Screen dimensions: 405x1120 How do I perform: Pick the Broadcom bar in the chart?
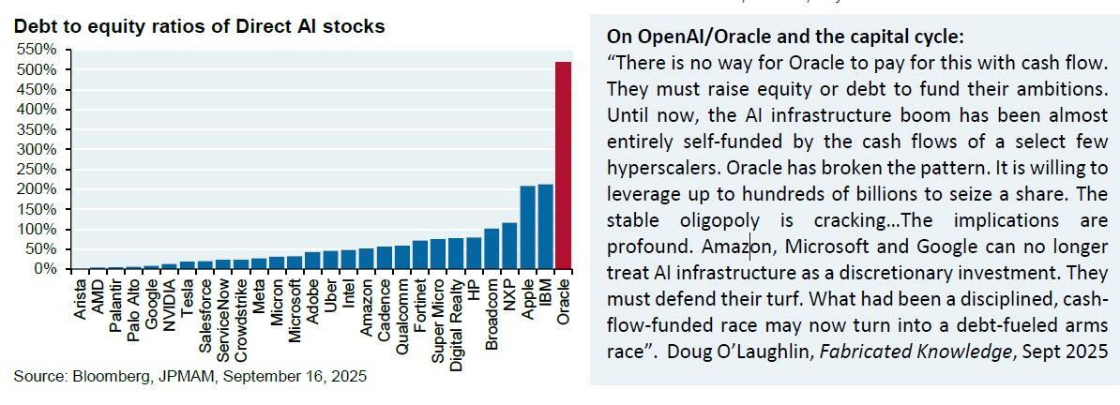pos(492,248)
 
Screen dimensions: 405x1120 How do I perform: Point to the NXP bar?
pos(509,246)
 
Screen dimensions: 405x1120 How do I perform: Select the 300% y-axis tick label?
pos(38,149)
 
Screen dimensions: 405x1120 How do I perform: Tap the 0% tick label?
pos(45,269)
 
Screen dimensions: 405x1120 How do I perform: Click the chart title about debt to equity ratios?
pos(199,26)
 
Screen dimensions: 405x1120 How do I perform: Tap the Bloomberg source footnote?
pos(190,377)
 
